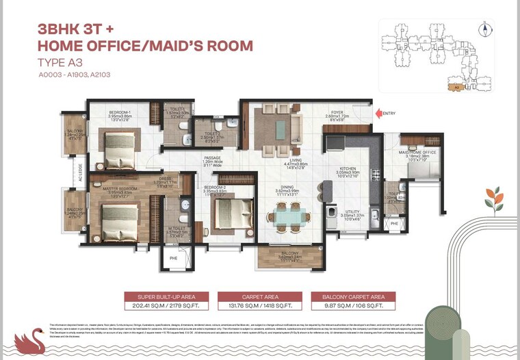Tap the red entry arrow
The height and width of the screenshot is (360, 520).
(378, 113)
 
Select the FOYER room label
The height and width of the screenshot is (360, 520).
(337, 113)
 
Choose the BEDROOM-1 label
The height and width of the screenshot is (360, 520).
(120, 112)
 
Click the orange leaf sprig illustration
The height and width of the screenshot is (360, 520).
(493, 199)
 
